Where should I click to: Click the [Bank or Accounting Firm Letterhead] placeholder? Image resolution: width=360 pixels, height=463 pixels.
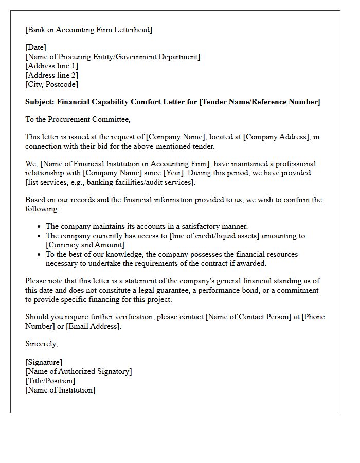click(x=89, y=30)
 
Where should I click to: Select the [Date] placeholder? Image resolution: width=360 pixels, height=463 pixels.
click(x=35, y=47)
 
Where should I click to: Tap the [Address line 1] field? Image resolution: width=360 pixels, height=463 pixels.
click(x=52, y=66)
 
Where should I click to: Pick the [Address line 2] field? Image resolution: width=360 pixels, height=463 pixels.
click(x=52, y=75)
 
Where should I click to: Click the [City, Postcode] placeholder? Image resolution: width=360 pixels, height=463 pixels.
click(x=51, y=84)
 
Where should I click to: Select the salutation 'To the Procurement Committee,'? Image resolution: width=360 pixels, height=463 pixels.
click(x=78, y=119)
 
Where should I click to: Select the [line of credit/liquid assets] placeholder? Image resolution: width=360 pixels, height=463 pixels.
click(x=241, y=236)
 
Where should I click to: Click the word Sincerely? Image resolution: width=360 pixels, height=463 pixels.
click(x=41, y=344)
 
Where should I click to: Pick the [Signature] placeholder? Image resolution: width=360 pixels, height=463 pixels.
click(x=44, y=362)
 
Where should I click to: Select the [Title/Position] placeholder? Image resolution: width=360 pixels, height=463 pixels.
click(x=50, y=381)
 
